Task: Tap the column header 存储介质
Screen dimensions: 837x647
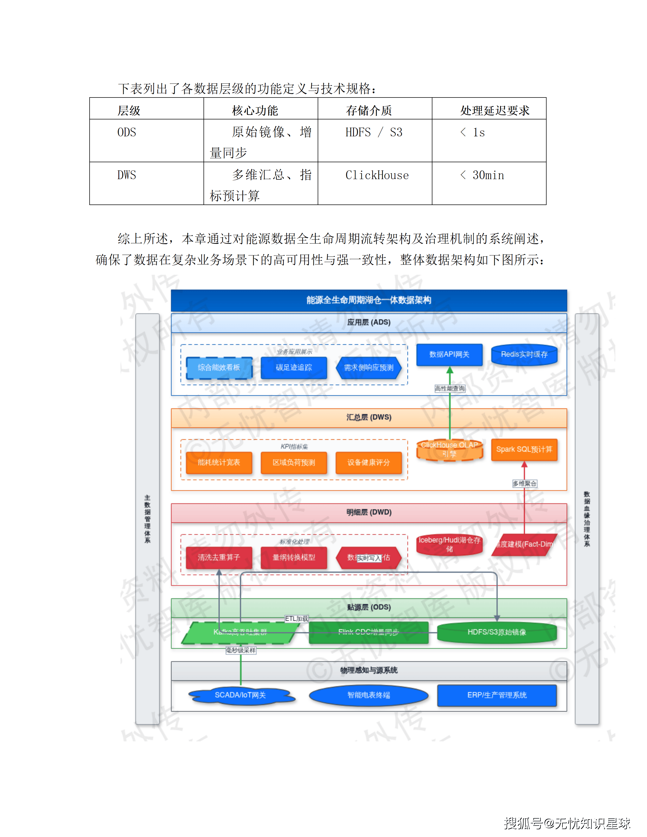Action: (369, 110)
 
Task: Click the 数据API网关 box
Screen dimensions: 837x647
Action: (449, 355)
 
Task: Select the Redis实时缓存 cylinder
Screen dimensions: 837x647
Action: (524, 355)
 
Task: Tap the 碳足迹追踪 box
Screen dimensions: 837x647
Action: (294, 368)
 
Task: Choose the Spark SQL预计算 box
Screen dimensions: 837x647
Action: (524, 449)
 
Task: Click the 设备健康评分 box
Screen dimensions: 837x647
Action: (368, 463)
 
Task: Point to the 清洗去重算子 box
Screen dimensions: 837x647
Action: (219, 558)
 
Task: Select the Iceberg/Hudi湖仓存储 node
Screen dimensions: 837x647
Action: (449, 545)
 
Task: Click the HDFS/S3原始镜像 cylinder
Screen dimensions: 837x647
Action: (497, 632)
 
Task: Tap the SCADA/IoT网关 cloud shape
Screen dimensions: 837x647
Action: (241, 695)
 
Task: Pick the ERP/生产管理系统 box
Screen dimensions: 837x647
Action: (497, 695)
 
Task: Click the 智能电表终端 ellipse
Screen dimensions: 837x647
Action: (368, 695)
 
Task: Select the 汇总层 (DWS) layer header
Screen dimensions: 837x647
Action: (369, 417)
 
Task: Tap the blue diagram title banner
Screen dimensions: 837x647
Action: (369, 300)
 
